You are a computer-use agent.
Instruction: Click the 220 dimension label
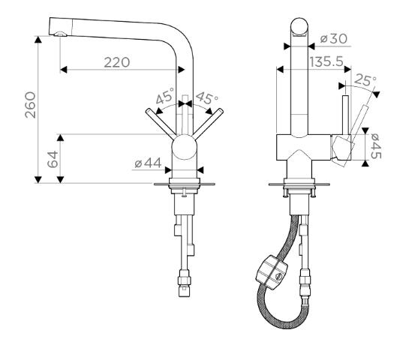(x=117, y=62)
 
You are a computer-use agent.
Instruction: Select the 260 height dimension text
(x=30, y=105)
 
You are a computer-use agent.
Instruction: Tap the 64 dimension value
(x=53, y=159)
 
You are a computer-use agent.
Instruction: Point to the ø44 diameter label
(x=148, y=163)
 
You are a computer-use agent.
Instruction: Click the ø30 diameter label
(x=334, y=39)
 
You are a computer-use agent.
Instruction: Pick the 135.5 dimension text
(x=326, y=62)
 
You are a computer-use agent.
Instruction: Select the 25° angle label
(x=365, y=79)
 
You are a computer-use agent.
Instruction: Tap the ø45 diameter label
(x=375, y=146)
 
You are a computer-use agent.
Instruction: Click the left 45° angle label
(x=165, y=96)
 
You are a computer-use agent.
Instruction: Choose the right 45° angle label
(x=207, y=97)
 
